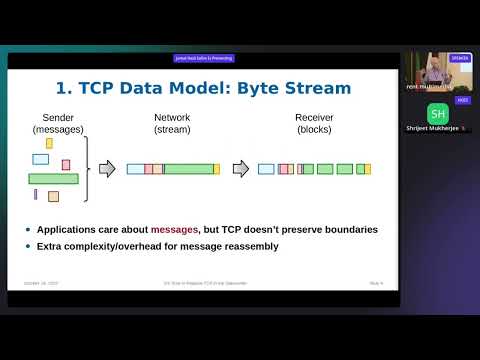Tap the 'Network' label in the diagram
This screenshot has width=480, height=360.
[172, 117]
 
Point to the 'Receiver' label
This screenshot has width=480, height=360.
[314, 117]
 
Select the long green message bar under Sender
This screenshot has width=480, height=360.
[53, 179]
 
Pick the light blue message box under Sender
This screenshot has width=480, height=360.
[41, 159]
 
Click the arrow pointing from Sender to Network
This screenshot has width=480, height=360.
[107, 169]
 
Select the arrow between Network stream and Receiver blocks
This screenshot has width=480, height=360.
[240, 169]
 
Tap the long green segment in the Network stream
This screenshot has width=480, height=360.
[188, 169]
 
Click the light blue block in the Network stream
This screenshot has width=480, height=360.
[135, 169]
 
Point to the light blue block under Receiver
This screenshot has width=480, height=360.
[266, 169]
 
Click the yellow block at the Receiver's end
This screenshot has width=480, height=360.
[367, 169]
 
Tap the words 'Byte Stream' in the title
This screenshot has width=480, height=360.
[300, 88]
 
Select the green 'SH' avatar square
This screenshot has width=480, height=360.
[438, 113]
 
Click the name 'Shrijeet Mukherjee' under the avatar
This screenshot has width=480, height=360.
[434, 128]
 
